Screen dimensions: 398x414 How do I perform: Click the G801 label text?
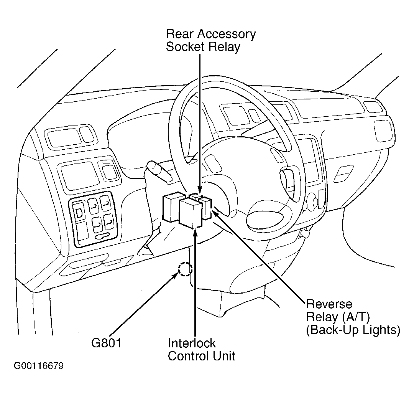pos(106,342)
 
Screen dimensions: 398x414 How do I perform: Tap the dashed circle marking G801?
pos(185,269)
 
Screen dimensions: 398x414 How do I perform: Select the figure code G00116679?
pos(39,366)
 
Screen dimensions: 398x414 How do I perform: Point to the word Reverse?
pos(329,304)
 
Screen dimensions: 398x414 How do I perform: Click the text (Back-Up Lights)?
pos(353,330)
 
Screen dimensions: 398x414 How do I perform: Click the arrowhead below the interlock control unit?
pos(195,232)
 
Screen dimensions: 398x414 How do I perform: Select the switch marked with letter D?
pos(79,212)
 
